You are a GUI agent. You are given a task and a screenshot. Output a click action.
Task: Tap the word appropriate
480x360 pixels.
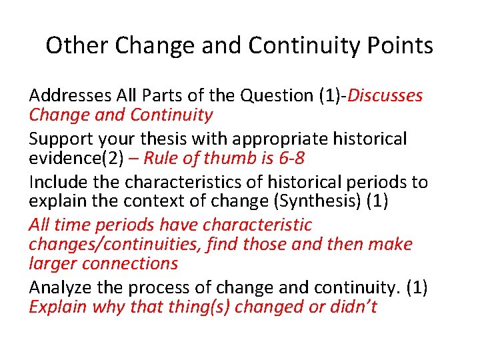click(x=269, y=139)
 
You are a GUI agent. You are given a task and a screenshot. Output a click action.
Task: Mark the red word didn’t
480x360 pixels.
click(x=353, y=307)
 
